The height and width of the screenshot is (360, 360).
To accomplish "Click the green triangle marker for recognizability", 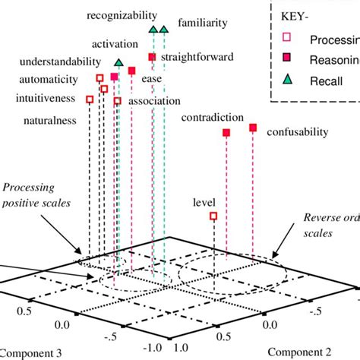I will [x=153, y=30].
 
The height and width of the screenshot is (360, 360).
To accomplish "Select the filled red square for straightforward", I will [x=153, y=58].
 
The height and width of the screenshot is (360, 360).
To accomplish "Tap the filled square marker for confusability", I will [x=254, y=128].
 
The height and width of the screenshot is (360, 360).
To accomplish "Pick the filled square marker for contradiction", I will [x=226, y=133].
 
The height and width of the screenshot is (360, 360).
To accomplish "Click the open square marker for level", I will [x=213, y=216].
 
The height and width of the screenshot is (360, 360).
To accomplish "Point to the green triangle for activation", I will [x=118, y=62].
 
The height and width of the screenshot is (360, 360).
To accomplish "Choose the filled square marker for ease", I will [x=132, y=71].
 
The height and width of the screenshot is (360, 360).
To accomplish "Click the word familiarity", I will [x=202, y=24].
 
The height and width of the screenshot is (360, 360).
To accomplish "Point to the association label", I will [x=154, y=101].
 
